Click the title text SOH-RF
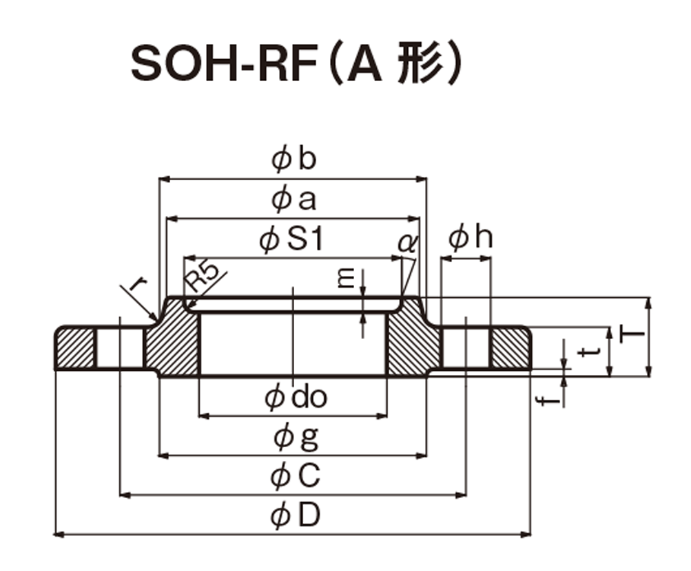point(225,64)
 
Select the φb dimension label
point(294,159)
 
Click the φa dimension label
point(294,200)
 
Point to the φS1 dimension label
point(291,240)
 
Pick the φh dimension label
point(471,237)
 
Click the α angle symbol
point(407,243)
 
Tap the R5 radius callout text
point(201,277)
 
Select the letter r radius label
point(138,285)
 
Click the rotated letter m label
point(347,279)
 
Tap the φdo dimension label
point(296,398)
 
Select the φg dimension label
point(296,438)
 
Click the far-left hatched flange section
point(75,348)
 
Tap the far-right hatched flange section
point(510,348)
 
